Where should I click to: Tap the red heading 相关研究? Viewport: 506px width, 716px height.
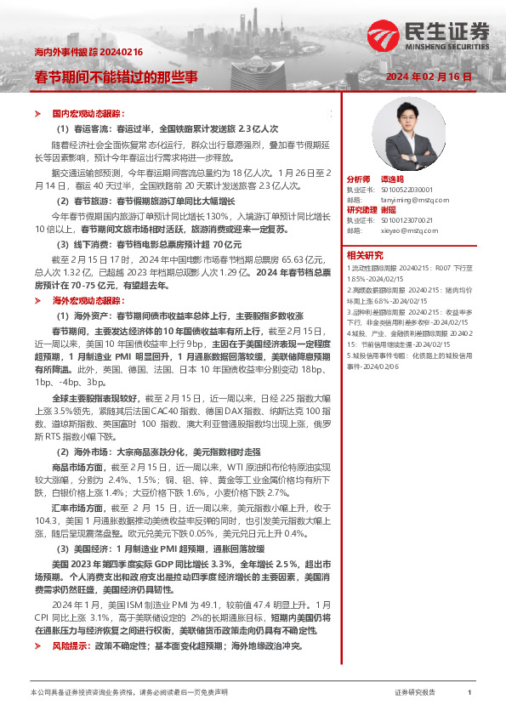[365, 254]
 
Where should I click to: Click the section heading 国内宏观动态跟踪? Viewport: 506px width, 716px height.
[88, 113]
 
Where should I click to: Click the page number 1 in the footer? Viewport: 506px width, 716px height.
[469, 693]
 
